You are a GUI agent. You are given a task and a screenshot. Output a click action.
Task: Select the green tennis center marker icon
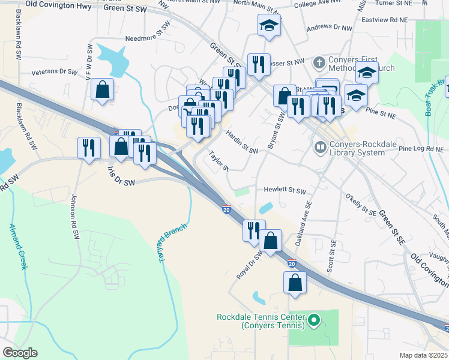(313, 322)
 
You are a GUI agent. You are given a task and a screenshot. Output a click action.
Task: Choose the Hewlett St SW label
(285, 191)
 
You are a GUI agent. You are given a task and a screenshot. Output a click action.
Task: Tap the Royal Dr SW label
(249, 265)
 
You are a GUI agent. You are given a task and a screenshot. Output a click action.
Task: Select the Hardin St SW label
(242, 143)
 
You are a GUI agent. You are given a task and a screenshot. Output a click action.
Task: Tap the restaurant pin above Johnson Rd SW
(89, 148)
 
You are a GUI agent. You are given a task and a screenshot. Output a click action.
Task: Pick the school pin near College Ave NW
(269, 26)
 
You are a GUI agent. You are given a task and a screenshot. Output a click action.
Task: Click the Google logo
(20, 353)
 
